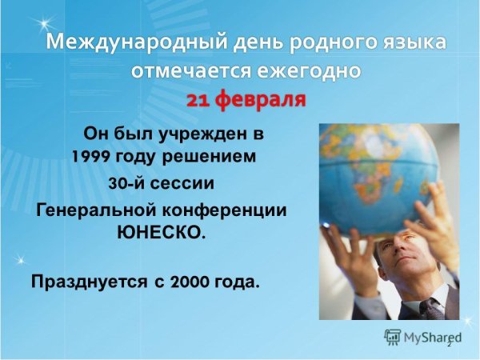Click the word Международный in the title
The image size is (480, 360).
109,42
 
